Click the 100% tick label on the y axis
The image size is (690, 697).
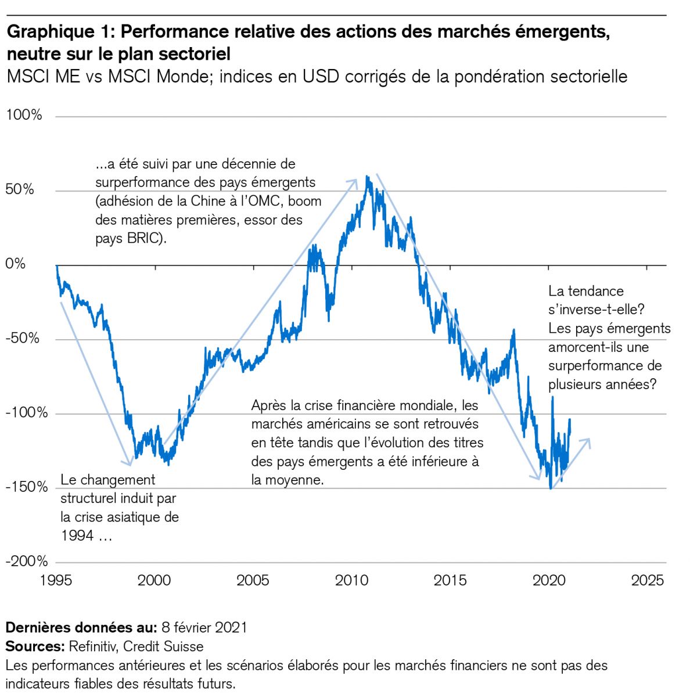pos(24,115)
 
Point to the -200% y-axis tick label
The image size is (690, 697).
pos(26,561)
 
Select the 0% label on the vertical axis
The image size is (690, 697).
pos(16,264)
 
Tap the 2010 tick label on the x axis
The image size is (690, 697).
pos(351,580)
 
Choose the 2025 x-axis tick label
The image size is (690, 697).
pos(647,580)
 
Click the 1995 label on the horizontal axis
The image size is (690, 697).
pos(56,580)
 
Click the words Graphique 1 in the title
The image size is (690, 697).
pos(59,31)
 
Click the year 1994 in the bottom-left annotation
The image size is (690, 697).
pos(77,536)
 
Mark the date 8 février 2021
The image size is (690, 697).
pos(204,627)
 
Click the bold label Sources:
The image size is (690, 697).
pos(34,646)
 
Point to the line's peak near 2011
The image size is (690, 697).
pos(367,177)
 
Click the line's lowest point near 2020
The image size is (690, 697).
pos(551,488)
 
